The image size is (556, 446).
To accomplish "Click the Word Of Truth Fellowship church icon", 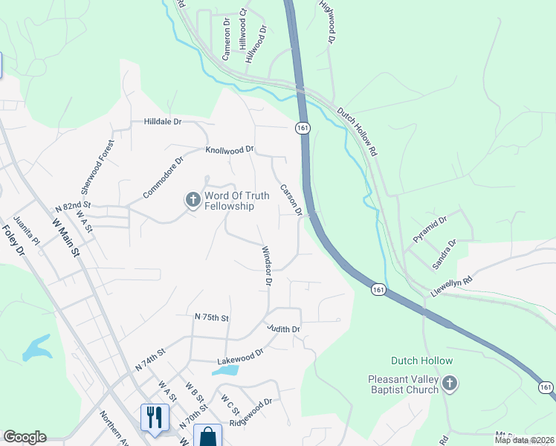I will click(x=193, y=199).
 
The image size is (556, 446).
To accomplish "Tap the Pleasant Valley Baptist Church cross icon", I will click(x=449, y=384).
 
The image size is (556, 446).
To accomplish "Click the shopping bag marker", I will click(x=208, y=437).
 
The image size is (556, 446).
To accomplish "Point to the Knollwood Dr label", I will click(x=230, y=150).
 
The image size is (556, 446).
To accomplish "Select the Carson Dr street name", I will click(x=291, y=200).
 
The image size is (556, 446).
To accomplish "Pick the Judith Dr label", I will click(x=283, y=329).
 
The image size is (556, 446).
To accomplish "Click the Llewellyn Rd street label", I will click(x=452, y=288).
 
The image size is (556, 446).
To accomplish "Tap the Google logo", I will click(x=25, y=437).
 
